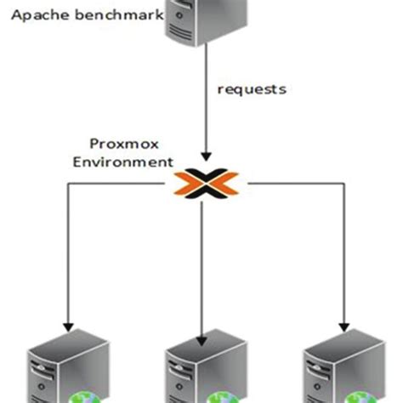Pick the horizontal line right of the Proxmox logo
click(x=289, y=181)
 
